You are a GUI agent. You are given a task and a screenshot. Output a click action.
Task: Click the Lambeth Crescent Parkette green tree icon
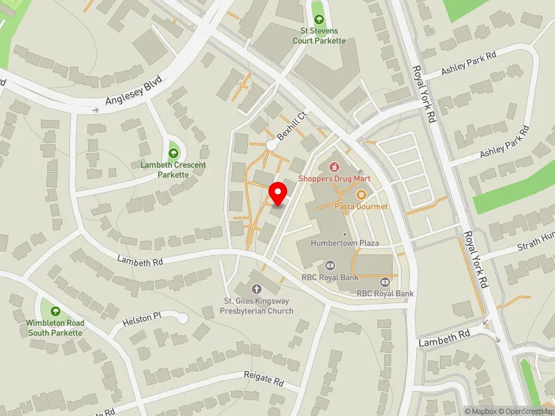pyautogui.click(x=173, y=153)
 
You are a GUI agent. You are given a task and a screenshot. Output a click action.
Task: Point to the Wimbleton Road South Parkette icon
pyautogui.click(x=55, y=312)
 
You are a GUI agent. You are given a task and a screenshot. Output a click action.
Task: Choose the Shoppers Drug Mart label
pyautogui.click(x=334, y=179)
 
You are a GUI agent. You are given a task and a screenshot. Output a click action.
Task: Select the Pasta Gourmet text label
pyautogui.click(x=361, y=207)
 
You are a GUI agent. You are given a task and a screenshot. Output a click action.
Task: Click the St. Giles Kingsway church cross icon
pyautogui.click(x=256, y=289)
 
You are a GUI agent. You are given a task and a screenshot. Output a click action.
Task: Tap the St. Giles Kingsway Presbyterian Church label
pyautogui.click(x=257, y=306)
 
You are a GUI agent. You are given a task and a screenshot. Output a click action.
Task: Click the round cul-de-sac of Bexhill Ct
pyautogui.click(x=271, y=145)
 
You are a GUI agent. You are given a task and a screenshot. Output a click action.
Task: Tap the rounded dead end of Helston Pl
pyautogui.click(x=183, y=318)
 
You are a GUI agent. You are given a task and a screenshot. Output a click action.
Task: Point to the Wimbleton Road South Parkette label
pyautogui.click(x=55, y=328)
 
